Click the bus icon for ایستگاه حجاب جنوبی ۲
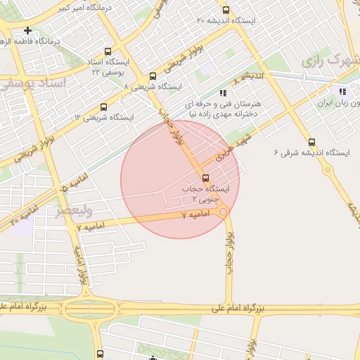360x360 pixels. click(x=205, y=177)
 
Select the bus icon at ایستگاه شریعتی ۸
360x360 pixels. click(x=153, y=76)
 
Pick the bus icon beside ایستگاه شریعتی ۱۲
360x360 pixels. click(x=104, y=107)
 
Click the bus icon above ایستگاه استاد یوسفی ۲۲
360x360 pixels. click(x=108, y=51)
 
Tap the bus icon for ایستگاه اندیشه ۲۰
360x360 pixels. click(x=226, y=10)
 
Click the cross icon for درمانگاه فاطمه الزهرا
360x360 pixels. click(x=27, y=30)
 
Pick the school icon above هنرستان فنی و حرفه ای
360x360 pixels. click(x=223, y=92)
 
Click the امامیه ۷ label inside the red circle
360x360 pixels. click(x=191, y=213)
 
